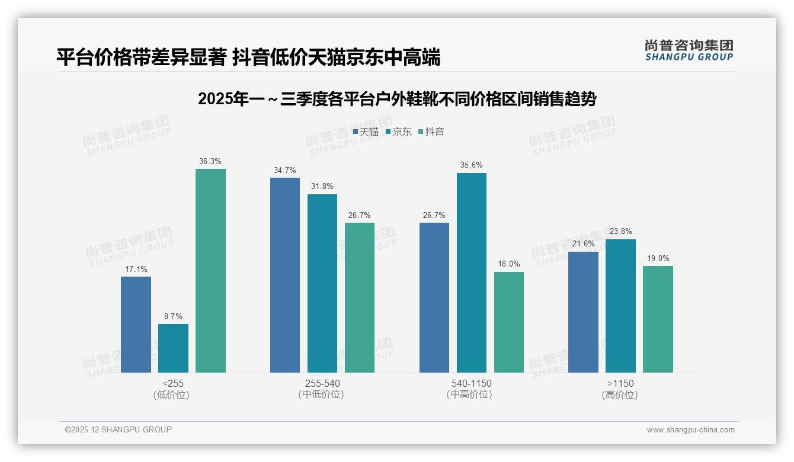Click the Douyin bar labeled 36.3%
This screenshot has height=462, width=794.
(210, 271)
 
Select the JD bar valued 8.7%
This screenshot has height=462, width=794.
(173, 348)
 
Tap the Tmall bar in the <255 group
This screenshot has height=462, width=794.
(136, 325)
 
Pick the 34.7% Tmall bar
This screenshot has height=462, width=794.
(285, 275)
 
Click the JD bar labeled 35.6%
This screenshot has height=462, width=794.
(471, 272)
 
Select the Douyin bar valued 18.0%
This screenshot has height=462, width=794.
(508, 322)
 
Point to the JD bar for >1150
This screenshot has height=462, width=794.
(620, 306)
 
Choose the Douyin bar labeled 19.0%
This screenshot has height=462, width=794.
(658, 319)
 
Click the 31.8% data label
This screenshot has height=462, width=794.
(322, 187)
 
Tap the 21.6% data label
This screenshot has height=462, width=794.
(583, 244)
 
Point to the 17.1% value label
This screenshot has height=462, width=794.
(136, 269)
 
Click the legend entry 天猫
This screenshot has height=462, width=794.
(366, 132)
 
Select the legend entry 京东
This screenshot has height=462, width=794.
(399, 132)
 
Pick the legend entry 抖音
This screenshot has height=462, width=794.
(431, 132)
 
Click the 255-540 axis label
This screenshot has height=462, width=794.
(322, 383)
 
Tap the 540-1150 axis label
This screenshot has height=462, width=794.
(471, 383)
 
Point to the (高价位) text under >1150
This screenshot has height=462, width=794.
(620, 395)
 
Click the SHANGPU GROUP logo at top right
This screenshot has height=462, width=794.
(689, 50)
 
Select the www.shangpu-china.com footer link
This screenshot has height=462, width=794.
(690, 430)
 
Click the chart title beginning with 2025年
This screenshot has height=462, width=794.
(396, 99)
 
